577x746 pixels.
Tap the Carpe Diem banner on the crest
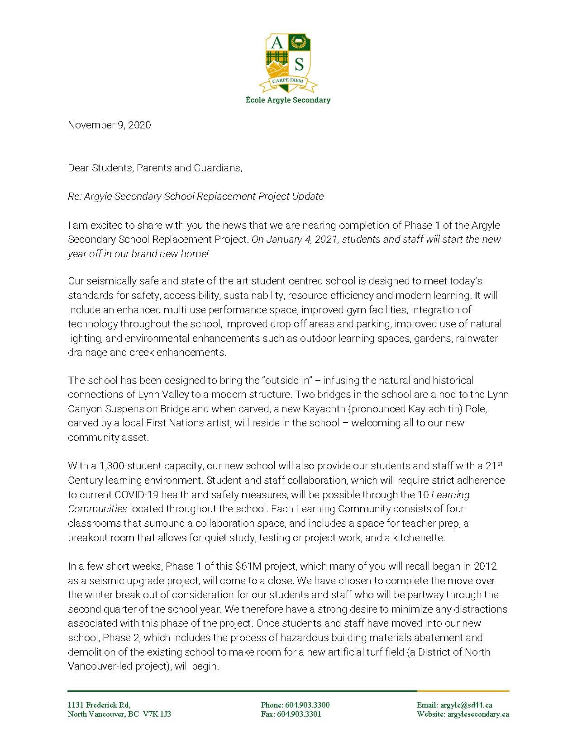[288, 81]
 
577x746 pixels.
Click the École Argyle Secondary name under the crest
[288, 100]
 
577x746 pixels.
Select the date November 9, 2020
[109, 125]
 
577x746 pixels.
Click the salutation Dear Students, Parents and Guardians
[155, 168]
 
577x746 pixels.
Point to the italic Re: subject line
[196, 197]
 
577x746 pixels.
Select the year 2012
[485, 566]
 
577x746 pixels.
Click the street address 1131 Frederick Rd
[99, 705]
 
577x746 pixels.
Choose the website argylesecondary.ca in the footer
[478, 714]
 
